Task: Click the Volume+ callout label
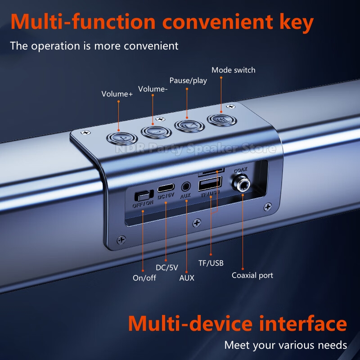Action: click(x=117, y=94)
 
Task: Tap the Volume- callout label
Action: click(x=153, y=89)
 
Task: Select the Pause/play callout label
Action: click(x=188, y=81)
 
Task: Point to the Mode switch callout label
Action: click(x=233, y=70)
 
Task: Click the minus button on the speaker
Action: click(x=156, y=132)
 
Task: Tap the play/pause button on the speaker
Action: click(x=189, y=126)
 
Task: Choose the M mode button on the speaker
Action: click(x=222, y=120)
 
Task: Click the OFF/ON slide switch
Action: click(x=144, y=196)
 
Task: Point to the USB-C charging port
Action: click(x=166, y=188)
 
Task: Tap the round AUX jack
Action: click(x=186, y=187)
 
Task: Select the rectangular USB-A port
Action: click(x=210, y=184)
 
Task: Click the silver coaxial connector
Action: click(x=241, y=184)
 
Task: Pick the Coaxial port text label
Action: click(x=252, y=275)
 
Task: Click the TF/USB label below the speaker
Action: click(x=211, y=263)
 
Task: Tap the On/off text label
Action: click(x=144, y=278)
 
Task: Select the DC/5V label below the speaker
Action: click(x=167, y=267)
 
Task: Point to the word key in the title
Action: click(x=297, y=23)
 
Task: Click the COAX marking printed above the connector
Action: click(x=241, y=171)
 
